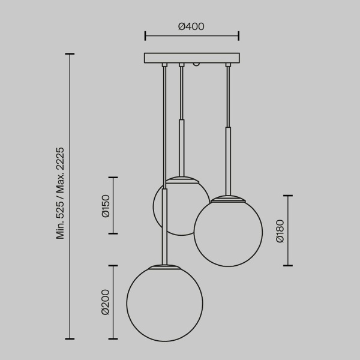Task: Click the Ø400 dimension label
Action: [x=191, y=26]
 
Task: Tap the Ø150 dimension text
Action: [x=106, y=205]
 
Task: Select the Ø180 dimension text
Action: [x=280, y=230]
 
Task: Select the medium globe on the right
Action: [x=228, y=233]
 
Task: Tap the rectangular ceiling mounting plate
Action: [x=191, y=58]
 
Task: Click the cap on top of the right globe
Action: [x=228, y=198]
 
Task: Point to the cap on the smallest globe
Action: [x=182, y=178]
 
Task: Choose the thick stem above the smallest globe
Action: [x=182, y=147]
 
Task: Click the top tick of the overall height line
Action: [x=70, y=54]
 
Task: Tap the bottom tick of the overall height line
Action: [x=70, y=338]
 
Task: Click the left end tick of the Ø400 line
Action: [x=145, y=37]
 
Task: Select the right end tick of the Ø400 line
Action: [x=239, y=37]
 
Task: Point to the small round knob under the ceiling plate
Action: [x=196, y=64]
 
